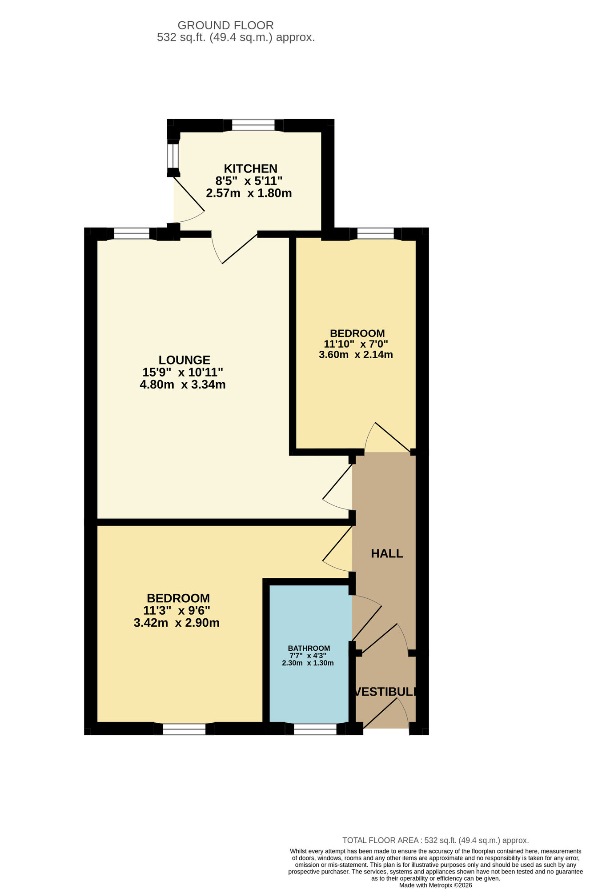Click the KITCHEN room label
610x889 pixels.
click(250, 169)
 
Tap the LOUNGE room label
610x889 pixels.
click(185, 360)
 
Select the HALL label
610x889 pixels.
click(387, 553)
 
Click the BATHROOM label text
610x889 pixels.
click(309, 648)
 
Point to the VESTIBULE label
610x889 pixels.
click(386, 692)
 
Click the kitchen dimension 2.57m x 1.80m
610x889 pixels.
click(249, 193)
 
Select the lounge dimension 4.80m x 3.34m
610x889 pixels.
click(183, 385)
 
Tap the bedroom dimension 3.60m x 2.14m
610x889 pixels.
click(356, 355)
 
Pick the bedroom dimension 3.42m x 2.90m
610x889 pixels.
click(177, 623)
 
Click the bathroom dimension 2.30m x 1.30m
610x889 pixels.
click(308, 663)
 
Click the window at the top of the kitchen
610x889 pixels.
click(253, 125)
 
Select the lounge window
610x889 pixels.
click(132, 233)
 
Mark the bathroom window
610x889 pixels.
click(315, 729)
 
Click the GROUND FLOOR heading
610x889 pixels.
click(225, 25)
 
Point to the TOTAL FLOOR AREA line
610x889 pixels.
click(435, 840)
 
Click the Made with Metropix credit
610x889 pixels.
click(435, 885)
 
